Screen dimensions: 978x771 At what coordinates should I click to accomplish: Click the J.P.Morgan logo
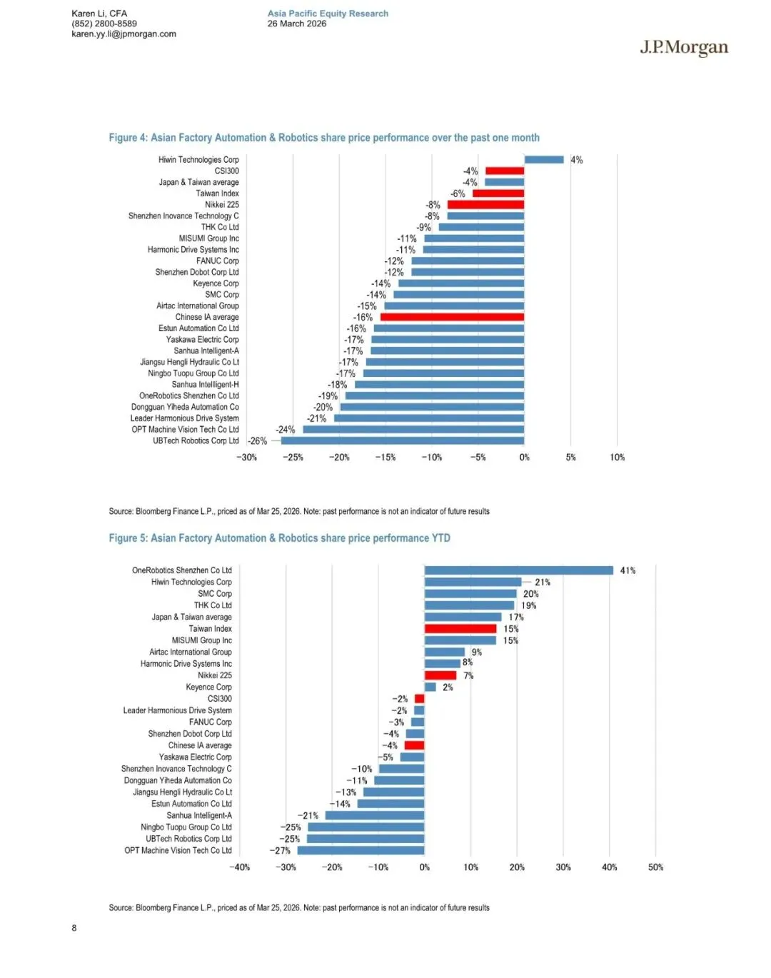coord(683,48)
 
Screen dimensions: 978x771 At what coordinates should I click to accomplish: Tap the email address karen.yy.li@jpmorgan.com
coord(124,34)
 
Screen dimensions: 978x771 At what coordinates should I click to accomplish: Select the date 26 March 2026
coord(296,24)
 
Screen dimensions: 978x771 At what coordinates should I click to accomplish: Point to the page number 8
coord(74,928)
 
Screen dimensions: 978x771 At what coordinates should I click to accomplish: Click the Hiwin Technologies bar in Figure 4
coord(544,160)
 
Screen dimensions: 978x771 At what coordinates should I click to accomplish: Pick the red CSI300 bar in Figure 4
coord(505,171)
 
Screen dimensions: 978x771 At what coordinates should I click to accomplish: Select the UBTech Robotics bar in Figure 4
coord(403,440)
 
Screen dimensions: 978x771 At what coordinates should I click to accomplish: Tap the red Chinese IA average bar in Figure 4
coord(453,317)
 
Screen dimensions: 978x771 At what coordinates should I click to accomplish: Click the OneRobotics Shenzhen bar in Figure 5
coord(519,570)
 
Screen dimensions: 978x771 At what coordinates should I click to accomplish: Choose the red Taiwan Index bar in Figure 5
coord(460,629)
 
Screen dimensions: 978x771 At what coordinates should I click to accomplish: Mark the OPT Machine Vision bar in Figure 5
coord(361,850)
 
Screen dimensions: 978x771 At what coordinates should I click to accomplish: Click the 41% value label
coord(628,570)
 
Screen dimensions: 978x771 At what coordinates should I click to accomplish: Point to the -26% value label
coord(258,441)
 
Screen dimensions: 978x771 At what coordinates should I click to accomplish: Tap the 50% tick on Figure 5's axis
coord(655,867)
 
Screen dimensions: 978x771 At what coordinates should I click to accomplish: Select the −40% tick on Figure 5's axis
coord(240,867)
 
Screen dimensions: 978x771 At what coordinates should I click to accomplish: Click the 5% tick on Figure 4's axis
coord(570,458)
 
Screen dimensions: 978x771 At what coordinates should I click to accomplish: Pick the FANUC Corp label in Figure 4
coord(218,261)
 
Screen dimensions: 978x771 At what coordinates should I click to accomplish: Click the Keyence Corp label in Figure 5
coord(208,687)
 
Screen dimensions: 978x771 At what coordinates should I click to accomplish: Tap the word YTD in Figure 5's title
coord(440,538)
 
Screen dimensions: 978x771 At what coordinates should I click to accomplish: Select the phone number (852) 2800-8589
coord(104,24)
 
